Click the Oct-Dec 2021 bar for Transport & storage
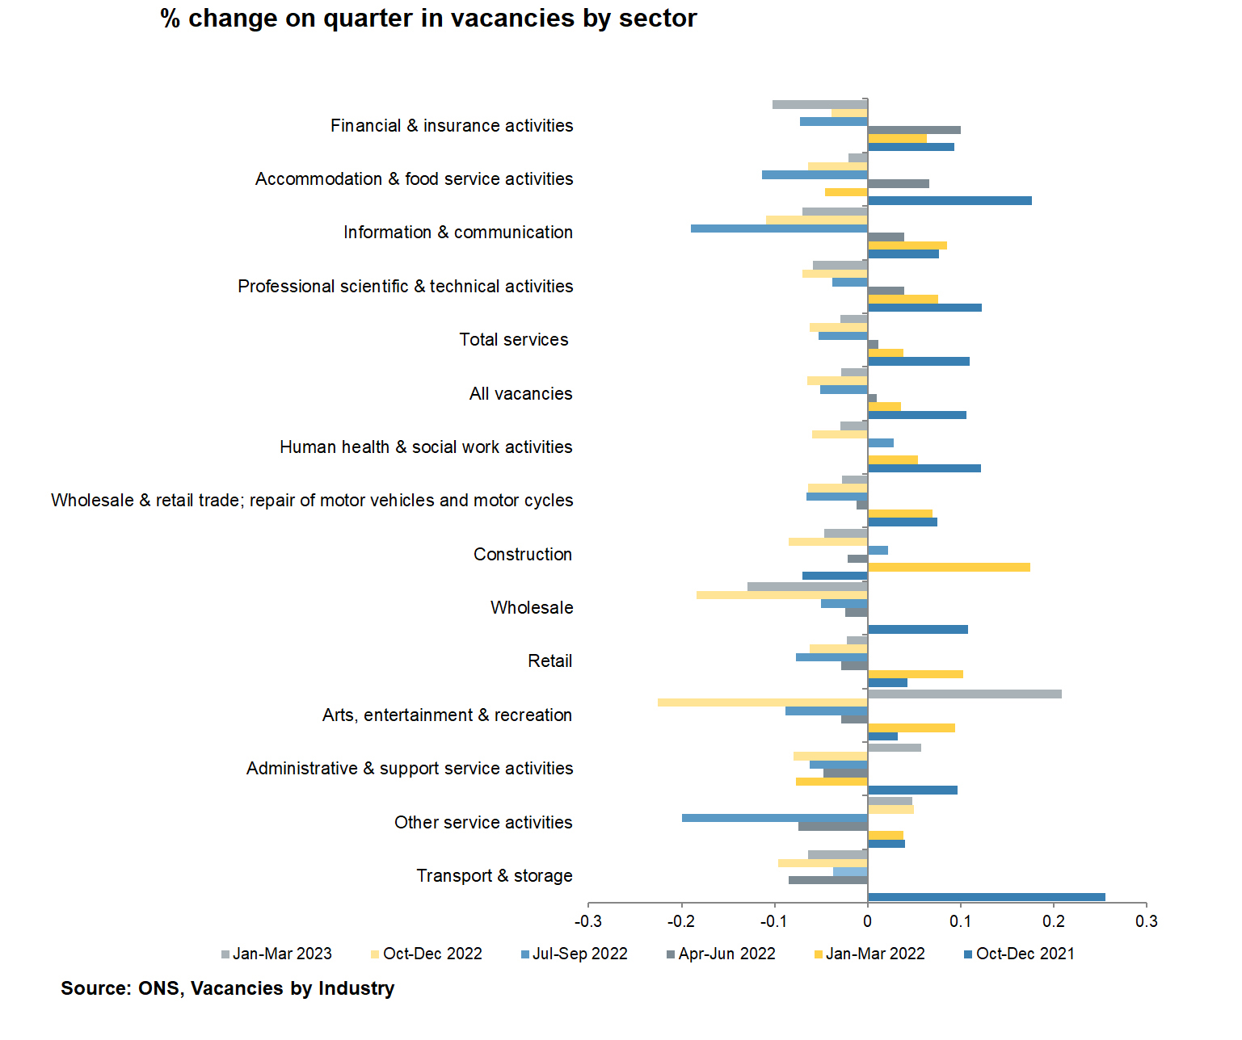point(986,897)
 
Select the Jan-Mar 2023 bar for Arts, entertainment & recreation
point(964,694)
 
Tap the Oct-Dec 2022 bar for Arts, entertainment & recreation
point(762,702)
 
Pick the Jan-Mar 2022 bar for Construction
point(949,568)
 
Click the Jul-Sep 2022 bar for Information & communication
point(779,229)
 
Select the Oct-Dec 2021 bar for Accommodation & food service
point(949,200)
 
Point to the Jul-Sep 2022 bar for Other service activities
point(774,818)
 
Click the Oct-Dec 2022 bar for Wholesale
point(781,595)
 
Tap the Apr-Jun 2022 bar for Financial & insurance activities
point(914,130)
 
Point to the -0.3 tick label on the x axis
point(587,921)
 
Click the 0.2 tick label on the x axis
point(1053,921)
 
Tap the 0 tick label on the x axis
point(867,921)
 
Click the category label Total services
point(514,340)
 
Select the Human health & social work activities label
point(426,447)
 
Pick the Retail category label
point(549,661)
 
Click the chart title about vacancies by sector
point(428,19)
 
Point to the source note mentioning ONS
point(227,988)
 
